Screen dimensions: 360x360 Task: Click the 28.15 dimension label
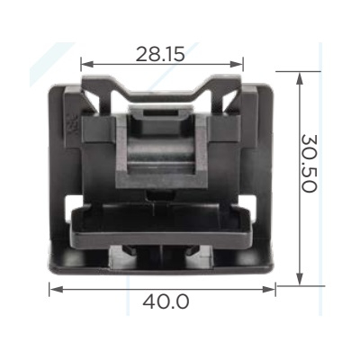(x=160, y=54)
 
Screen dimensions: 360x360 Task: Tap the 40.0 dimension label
(x=166, y=301)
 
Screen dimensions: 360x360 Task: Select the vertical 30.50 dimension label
(x=309, y=163)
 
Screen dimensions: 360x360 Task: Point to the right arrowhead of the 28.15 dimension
(x=238, y=64)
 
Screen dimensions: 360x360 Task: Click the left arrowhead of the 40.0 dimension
(x=56, y=289)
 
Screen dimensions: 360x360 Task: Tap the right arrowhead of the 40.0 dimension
(x=268, y=289)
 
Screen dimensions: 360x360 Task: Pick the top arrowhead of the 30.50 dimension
(x=299, y=78)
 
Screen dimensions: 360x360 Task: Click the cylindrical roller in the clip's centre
(x=161, y=150)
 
